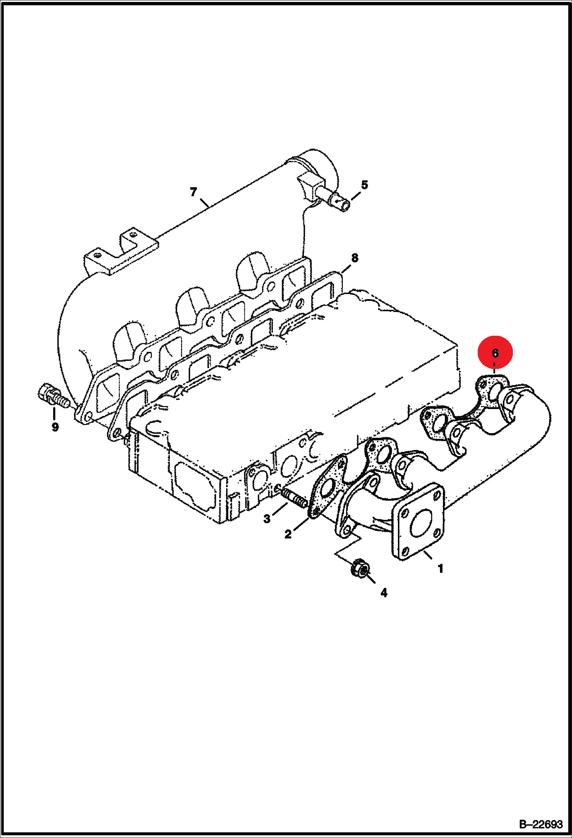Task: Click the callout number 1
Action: coord(440,569)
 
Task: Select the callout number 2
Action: coord(288,534)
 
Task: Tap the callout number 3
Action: coord(267,518)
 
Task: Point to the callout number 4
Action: coord(384,592)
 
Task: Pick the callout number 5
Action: coord(365,185)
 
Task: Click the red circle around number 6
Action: coord(495,353)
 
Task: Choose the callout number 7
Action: coord(194,192)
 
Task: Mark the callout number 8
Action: coord(355,258)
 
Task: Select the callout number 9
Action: coord(55,427)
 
